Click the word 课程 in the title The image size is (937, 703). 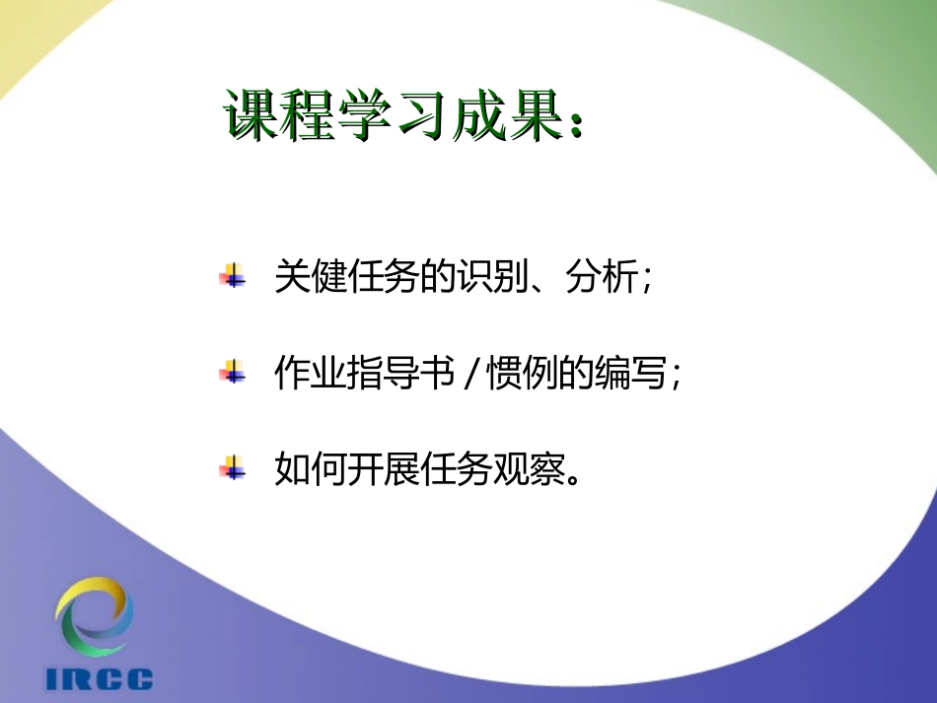point(277,118)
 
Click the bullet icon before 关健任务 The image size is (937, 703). point(233,275)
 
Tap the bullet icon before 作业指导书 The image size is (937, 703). point(233,373)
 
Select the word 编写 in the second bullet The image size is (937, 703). point(622,374)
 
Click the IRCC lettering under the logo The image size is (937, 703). point(100,679)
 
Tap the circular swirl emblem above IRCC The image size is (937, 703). point(94,617)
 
